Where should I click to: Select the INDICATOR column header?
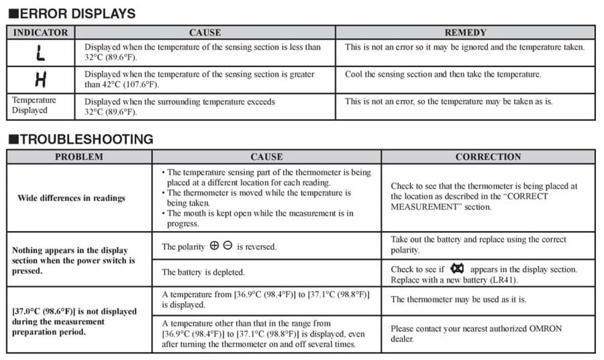coord(41,32)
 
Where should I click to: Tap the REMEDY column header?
coord(465,32)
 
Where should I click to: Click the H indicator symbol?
coord(40,80)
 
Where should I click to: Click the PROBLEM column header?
coord(79,157)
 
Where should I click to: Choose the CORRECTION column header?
coord(488,157)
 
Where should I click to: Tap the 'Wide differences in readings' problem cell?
coord(71,198)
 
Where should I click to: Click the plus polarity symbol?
coord(214,246)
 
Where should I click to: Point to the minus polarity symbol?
coord(228,246)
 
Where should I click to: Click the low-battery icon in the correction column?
coord(458,269)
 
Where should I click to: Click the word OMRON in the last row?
coord(544,329)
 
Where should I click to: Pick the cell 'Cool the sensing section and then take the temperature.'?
coord(443,75)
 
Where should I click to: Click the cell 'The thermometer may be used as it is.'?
coord(458,300)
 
